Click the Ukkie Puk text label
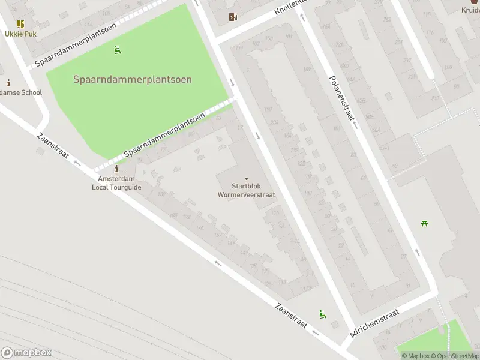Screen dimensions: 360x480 tap(21, 34)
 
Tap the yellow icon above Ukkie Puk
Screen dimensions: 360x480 tap(21, 24)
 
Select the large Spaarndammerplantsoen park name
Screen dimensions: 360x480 tap(133, 79)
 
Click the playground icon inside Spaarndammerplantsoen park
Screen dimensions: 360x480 tap(118, 50)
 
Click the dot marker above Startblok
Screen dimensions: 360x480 tap(246, 178)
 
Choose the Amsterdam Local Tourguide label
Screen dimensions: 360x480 tap(116, 183)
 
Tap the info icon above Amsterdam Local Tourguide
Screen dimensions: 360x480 tap(116, 169)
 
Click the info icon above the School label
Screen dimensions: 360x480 tap(8, 83)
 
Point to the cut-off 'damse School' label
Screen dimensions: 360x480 tap(21, 92)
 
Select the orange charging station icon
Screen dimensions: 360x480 tap(233, 17)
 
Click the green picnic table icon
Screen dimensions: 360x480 tap(424, 224)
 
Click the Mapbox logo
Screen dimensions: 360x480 tap(26, 353)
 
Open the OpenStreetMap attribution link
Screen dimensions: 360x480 tap(457, 356)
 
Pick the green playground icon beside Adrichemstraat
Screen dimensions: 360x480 tap(323, 314)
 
